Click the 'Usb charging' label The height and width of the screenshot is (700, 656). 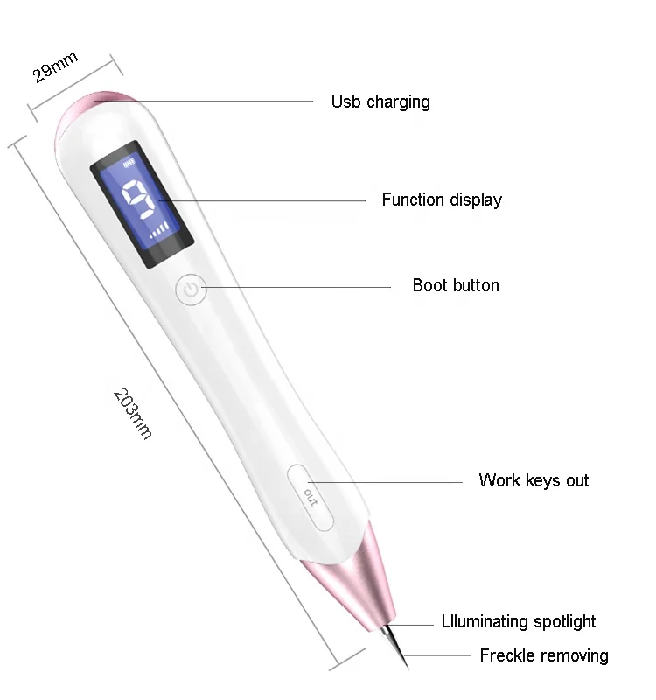[x=380, y=101]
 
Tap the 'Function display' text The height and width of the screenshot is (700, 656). [x=442, y=200]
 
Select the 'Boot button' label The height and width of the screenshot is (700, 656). [x=456, y=286]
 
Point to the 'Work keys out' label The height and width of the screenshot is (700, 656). [x=534, y=480]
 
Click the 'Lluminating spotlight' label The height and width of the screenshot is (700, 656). [x=519, y=622]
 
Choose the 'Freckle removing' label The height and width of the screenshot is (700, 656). [x=544, y=655]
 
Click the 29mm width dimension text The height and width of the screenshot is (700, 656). [x=55, y=67]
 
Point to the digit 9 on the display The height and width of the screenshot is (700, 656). [x=139, y=202]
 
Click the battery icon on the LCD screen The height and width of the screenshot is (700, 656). [x=131, y=162]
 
